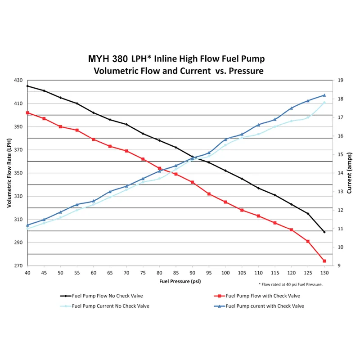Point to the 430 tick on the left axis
pos(18,80)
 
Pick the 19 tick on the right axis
pos(341,80)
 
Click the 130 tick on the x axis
pos(324,273)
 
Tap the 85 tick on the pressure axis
pos(176,273)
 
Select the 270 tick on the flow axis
pos(18,265)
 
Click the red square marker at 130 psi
pos(324,261)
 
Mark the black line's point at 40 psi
pos(27,86)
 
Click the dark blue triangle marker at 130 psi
pos(324,95)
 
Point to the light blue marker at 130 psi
pos(324,103)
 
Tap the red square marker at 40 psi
pos(27,112)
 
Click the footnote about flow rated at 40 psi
pos(290,284)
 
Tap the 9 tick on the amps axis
pos(339,265)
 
